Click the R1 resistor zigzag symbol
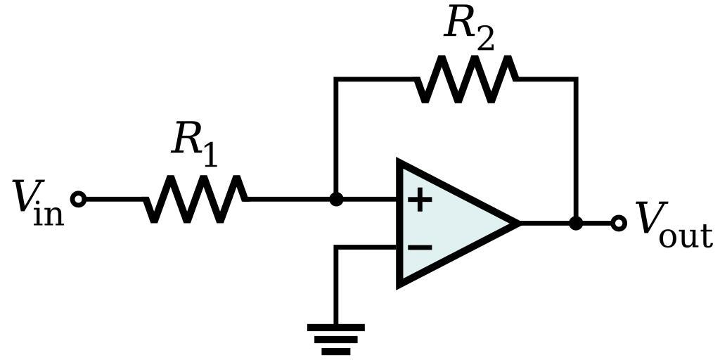(196, 199)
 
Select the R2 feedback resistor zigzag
(466, 79)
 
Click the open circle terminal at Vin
(79, 199)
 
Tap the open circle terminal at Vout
(619, 224)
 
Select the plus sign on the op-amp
(420, 200)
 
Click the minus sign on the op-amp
(420, 247)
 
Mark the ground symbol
(336, 338)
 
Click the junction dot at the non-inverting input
(336, 199)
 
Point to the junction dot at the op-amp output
(576, 224)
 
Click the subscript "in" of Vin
(48, 214)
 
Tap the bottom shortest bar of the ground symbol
(336, 351)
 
